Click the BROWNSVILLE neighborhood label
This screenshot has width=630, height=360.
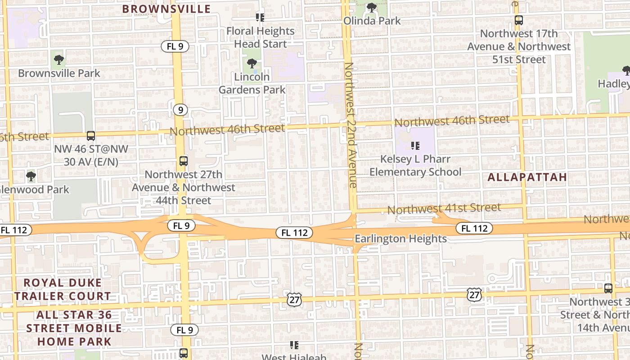pyautogui.click(x=166, y=9)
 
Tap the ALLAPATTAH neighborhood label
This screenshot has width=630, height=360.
pyautogui.click(x=527, y=177)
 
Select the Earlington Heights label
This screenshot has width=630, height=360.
pyautogui.click(x=400, y=239)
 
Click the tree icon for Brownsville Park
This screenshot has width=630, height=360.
pyautogui.click(x=58, y=59)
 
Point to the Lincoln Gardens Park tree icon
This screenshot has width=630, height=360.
pyautogui.click(x=252, y=63)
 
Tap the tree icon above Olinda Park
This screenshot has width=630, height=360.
pyautogui.click(x=371, y=8)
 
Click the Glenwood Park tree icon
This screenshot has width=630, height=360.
pyautogui.click(x=31, y=176)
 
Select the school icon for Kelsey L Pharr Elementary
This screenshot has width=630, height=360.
pyautogui.click(x=415, y=146)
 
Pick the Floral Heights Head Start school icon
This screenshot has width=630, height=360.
pyautogui.click(x=260, y=18)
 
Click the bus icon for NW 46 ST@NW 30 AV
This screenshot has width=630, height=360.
pyautogui.click(x=91, y=135)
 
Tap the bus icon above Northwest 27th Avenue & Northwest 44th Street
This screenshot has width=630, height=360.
pyautogui.click(x=183, y=161)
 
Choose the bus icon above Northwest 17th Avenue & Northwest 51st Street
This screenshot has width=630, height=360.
pyautogui.click(x=519, y=20)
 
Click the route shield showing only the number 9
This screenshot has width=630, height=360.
pyautogui.click(x=180, y=110)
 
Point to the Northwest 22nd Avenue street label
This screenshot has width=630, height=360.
pyautogui.click(x=350, y=125)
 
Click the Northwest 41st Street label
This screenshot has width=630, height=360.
pyautogui.click(x=444, y=208)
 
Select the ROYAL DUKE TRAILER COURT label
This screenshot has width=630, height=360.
pyautogui.click(x=63, y=289)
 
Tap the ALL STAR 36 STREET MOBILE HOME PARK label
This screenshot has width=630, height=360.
pyautogui.click(x=74, y=328)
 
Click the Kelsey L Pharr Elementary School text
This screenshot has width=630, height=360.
pyautogui.click(x=415, y=166)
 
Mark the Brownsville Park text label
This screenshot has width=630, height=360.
pyautogui.click(x=59, y=73)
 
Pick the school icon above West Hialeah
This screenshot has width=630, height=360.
pyautogui.click(x=294, y=345)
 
